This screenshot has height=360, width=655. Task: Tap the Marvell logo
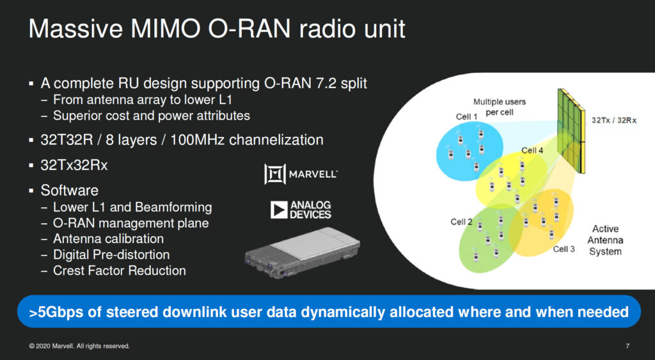coord(301,174)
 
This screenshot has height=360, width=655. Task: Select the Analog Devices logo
coord(301,210)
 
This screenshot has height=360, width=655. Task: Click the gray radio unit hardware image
coord(302,253)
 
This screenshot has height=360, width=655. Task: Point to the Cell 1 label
coord(466,116)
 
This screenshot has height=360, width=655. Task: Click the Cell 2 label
coord(461,222)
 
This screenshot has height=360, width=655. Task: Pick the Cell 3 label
coord(564,249)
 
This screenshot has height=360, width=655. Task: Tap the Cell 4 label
coord(532,150)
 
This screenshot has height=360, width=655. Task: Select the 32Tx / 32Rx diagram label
coord(614,120)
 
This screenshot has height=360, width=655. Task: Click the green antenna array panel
coord(571,131)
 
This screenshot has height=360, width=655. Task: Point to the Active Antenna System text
coord(605,240)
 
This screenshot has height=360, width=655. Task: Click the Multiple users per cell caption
coord(500,107)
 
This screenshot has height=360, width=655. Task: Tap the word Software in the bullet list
coord(69,191)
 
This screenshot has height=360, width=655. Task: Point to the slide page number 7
coord(627,346)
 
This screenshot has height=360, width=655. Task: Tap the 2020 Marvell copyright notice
coord(79,346)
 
